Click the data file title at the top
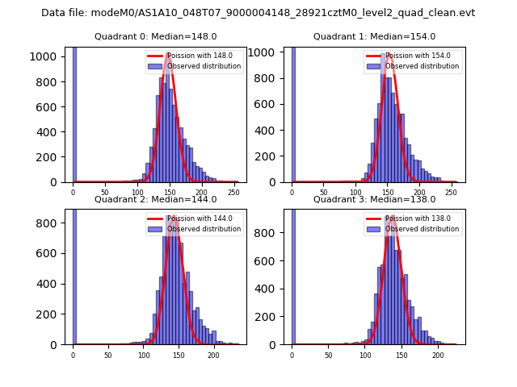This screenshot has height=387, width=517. pos(258,13)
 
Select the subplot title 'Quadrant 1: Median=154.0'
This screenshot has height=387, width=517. pos(374,36)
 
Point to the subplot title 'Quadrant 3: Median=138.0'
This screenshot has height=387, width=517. pos(374,199)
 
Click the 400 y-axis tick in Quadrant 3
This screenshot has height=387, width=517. pos(271,289)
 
